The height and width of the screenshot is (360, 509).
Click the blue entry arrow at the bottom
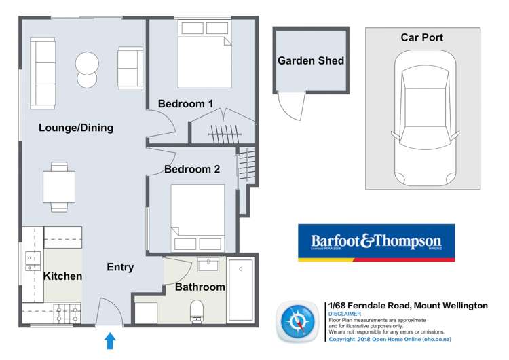click(x=109, y=340)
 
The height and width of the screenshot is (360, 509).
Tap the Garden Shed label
click(x=311, y=61)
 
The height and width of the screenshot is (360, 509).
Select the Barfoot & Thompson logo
click(x=376, y=242)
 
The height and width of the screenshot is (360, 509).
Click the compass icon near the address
click(x=297, y=321)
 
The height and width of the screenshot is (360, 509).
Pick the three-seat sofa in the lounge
click(x=43, y=73)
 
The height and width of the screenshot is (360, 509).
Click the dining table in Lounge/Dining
click(x=59, y=186)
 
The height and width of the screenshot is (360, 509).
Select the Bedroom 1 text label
click(x=186, y=104)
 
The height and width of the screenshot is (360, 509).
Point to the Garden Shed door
click(x=290, y=107)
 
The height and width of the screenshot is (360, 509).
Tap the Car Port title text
click(x=421, y=37)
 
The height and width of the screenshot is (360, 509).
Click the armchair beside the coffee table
click(x=130, y=68)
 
